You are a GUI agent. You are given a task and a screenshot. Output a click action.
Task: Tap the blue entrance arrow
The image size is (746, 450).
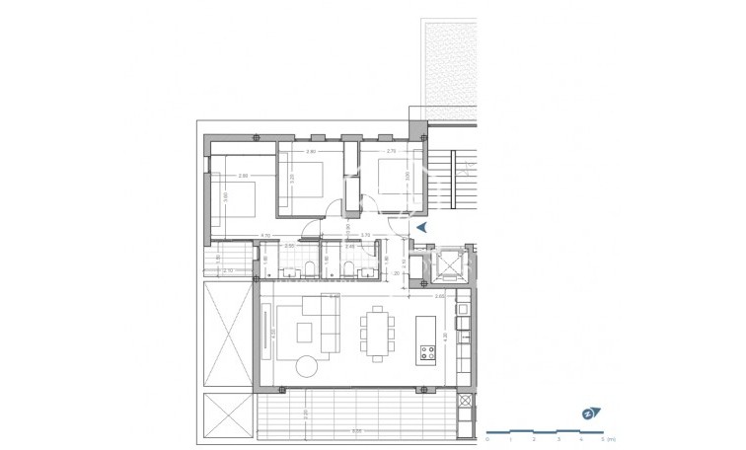(419, 228)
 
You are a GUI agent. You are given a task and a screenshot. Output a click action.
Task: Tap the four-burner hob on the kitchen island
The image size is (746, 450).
(428, 349)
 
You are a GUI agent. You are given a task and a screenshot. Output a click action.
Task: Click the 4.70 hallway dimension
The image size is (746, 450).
(264, 235)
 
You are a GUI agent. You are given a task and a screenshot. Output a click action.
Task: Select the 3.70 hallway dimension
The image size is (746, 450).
(365, 235)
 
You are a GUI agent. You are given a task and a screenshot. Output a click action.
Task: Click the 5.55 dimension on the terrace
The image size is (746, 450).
(357, 430)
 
